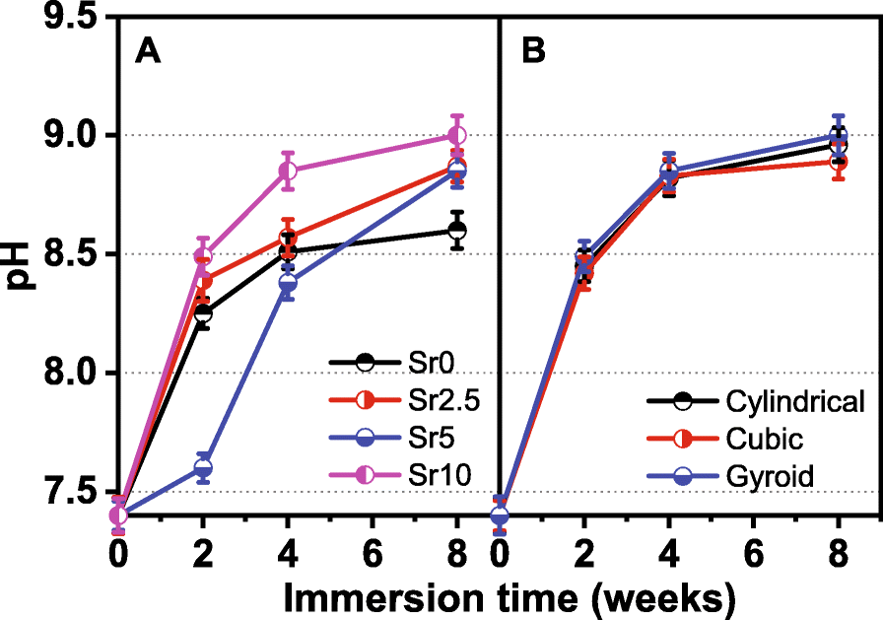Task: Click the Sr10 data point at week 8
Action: [456, 135]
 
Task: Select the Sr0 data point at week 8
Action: [456, 230]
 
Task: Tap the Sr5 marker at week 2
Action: [203, 467]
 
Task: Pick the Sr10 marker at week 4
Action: [288, 171]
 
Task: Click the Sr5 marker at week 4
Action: [288, 284]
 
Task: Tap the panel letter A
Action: [148, 52]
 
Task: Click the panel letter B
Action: [534, 52]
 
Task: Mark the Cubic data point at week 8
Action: [838, 161]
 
